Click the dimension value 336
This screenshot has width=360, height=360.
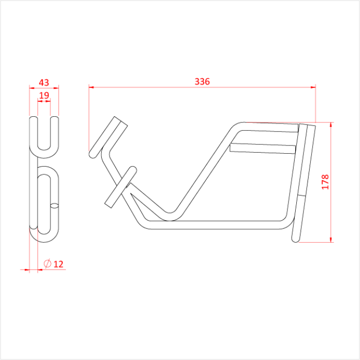[x=202, y=81]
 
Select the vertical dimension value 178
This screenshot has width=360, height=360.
[x=325, y=182]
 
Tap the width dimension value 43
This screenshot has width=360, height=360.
[x=44, y=82]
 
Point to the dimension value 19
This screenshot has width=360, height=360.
[x=44, y=95]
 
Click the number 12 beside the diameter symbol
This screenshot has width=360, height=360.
[x=58, y=264]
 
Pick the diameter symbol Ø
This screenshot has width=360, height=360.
[x=47, y=264]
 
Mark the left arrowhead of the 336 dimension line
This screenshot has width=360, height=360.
[x=92, y=87]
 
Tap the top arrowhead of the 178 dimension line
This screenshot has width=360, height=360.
[x=331, y=125]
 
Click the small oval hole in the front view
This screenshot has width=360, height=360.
[x=55, y=206]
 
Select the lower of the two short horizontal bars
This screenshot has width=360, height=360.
[x=263, y=148]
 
